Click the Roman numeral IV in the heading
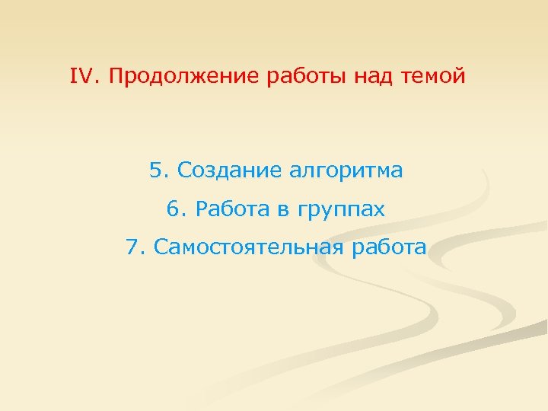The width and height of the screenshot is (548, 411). point(80,77)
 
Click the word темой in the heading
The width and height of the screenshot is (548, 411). point(432,78)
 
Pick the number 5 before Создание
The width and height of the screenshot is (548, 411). point(155,170)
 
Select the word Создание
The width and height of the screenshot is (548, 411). point(228,170)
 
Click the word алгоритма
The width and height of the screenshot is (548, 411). point(346,171)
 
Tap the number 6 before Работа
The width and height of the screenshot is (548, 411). point(171,209)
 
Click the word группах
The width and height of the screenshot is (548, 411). point(341,210)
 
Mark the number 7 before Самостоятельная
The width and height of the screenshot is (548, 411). point(134,247)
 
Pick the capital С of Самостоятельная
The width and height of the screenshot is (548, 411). point(161,247)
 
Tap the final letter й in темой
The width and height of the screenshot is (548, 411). point(458,78)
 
